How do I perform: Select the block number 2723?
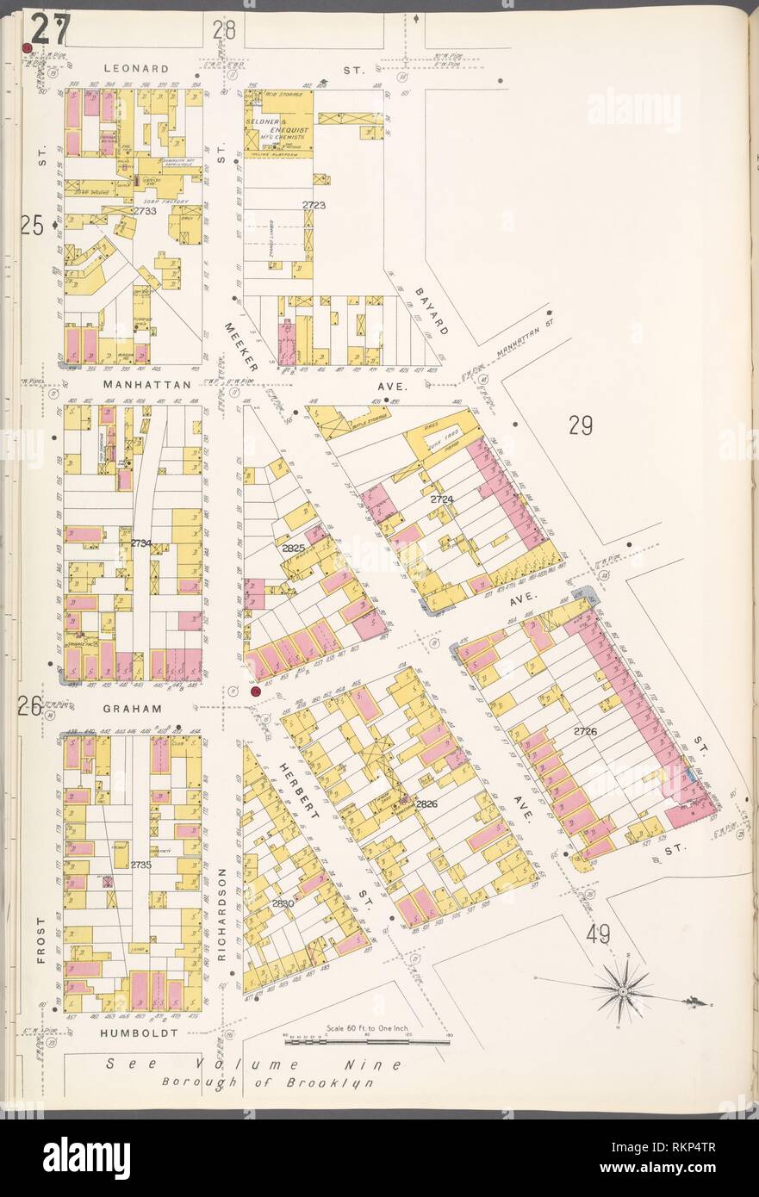(314, 206)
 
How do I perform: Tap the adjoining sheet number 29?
(581, 425)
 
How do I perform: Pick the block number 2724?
(443, 499)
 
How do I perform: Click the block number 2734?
(140, 543)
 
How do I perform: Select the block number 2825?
(293, 547)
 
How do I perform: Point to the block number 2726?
(585, 731)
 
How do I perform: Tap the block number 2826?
(426, 803)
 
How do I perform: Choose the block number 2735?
(141, 864)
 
